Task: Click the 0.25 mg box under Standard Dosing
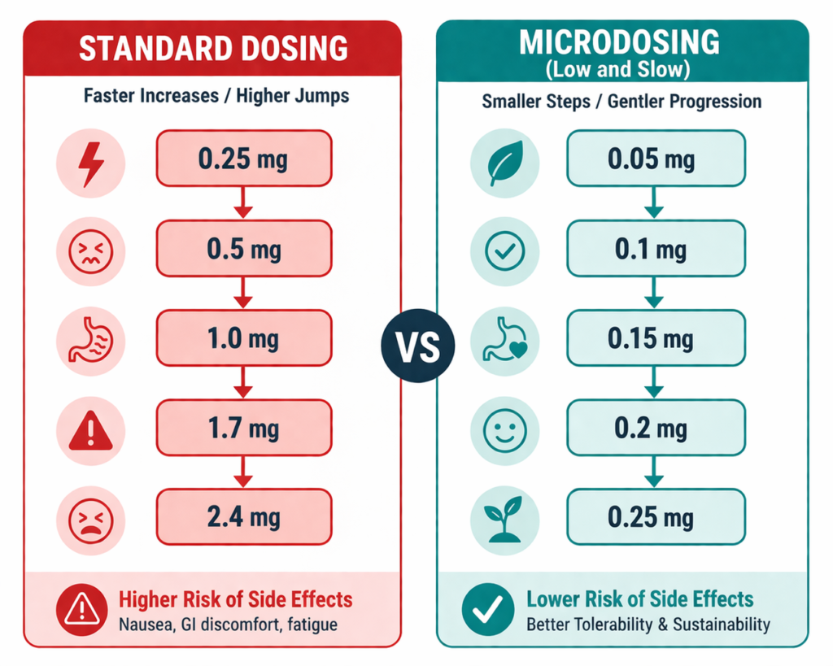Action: click(x=243, y=159)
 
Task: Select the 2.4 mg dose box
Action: click(x=243, y=516)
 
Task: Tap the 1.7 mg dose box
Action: click(x=243, y=427)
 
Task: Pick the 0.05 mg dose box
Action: click(x=656, y=159)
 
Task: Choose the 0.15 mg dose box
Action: click(x=656, y=338)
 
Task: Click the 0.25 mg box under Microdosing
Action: click(x=656, y=516)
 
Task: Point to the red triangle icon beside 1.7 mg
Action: click(x=90, y=432)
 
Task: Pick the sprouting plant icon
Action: click(x=504, y=519)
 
